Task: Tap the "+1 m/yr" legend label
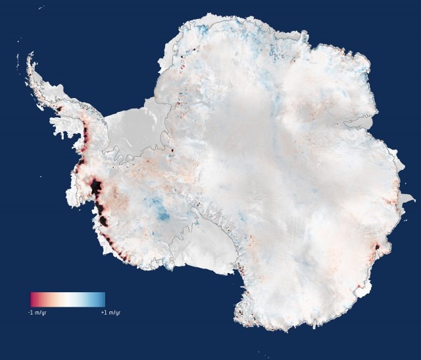(x=110, y=312)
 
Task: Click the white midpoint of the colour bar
(x=68, y=299)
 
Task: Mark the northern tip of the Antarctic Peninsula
(x=28, y=59)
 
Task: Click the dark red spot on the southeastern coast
(x=378, y=249)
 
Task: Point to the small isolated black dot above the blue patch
(x=172, y=150)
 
